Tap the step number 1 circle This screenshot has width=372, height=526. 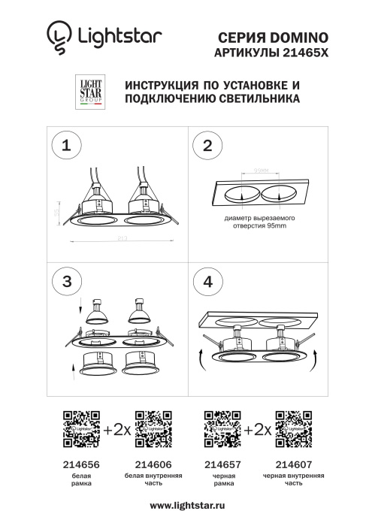67,146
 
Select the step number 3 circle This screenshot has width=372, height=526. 67,281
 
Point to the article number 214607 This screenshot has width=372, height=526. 293,465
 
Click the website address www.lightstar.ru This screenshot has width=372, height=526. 186,506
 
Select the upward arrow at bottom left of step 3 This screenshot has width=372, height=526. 73,367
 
